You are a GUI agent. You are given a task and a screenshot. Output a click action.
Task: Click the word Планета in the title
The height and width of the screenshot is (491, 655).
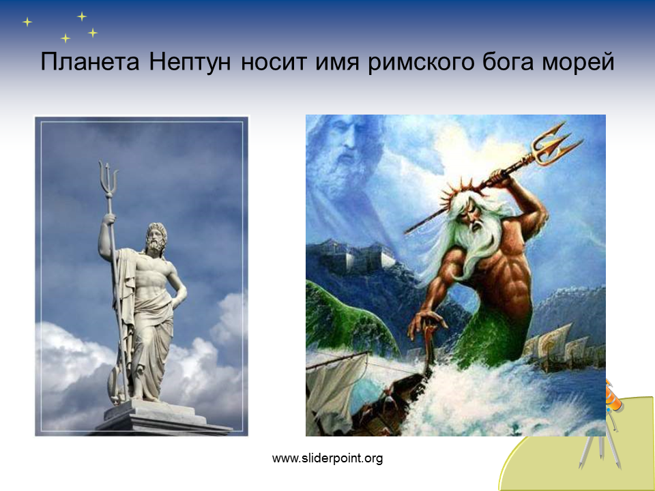90,62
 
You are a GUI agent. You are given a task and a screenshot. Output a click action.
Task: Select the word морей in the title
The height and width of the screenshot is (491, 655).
578,62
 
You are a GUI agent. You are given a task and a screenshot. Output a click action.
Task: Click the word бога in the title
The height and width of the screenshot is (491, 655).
508,62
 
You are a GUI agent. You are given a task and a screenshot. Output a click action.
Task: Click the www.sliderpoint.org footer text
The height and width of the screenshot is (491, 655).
327,458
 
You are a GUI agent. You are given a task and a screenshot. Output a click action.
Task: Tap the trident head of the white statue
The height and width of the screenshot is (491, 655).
108,178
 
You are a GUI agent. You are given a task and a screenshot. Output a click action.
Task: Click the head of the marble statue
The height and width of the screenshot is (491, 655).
156,238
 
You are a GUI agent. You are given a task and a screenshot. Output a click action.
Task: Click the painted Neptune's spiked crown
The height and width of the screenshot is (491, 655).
459,193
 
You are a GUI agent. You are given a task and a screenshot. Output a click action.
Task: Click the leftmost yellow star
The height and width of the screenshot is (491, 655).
27,22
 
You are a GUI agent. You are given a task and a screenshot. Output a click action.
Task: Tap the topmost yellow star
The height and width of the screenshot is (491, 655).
82,16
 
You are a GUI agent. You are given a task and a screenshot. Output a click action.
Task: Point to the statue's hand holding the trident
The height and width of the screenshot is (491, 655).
108,219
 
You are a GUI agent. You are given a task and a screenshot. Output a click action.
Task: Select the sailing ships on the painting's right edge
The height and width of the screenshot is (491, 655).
564,347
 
